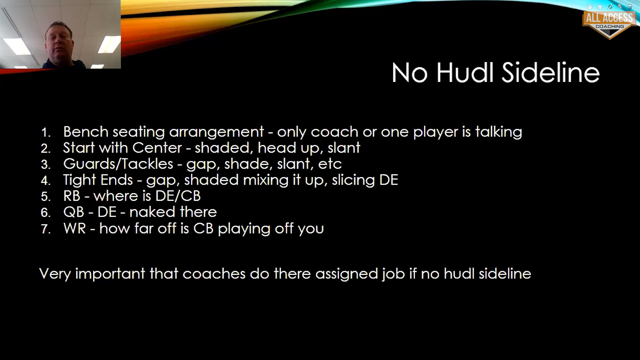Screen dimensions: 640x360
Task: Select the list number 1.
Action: coord(46,133)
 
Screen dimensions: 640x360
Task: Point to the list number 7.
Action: coord(46,229)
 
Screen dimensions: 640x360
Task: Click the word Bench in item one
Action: coord(86,132)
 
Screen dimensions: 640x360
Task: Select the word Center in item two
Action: coord(157,148)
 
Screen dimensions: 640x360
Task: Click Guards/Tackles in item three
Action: coord(118,164)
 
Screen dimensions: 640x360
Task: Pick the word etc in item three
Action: coord(330,164)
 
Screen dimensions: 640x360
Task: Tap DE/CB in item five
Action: coord(178,196)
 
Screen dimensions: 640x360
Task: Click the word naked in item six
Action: coord(152,212)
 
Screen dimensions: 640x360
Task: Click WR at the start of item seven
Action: coord(75,228)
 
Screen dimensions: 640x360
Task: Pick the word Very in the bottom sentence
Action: coord(55,274)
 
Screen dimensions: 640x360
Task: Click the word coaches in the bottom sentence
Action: coord(214,274)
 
